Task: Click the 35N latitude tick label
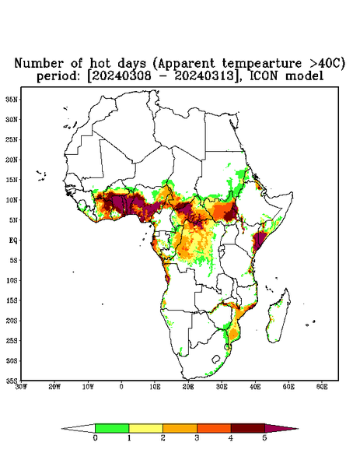[12, 100]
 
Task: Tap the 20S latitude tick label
[12, 321]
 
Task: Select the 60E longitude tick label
[322, 387]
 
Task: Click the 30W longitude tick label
[21, 387]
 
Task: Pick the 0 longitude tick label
[121, 387]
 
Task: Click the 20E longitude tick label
[188, 387]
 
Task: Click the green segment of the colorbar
[112, 428]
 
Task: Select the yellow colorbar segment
[145, 428]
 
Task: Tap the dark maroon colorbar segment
[248, 428]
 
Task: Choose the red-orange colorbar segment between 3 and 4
[214, 428]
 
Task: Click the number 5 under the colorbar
[264, 438]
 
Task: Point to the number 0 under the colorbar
[95, 438]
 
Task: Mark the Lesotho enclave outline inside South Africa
[216, 359]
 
